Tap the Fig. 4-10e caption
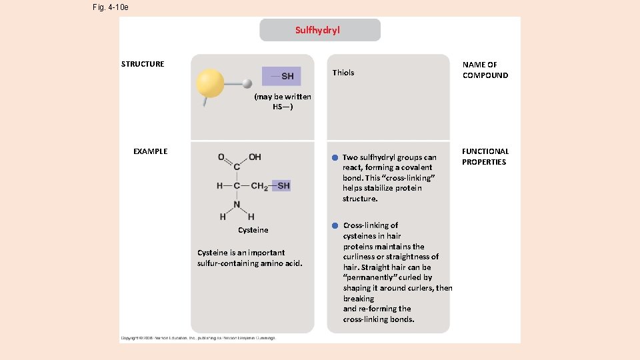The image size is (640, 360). point(111,7)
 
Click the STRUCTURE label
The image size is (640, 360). point(143,64)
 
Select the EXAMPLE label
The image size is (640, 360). point(150,151)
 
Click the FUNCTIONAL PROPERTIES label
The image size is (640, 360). point(485,157)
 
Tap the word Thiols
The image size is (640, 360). point(343,73)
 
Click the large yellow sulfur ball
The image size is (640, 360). point(211,84)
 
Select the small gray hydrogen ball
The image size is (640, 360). point(247,83)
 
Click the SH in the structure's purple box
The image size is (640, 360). point(287,76)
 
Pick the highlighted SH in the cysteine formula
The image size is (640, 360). point(283,186)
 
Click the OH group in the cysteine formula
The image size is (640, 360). point(255,157)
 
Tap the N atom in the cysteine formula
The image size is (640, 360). point(237,205)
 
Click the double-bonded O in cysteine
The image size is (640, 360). point(221,157)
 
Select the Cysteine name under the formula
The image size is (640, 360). point(253,230)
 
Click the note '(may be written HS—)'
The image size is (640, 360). point(283,101)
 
